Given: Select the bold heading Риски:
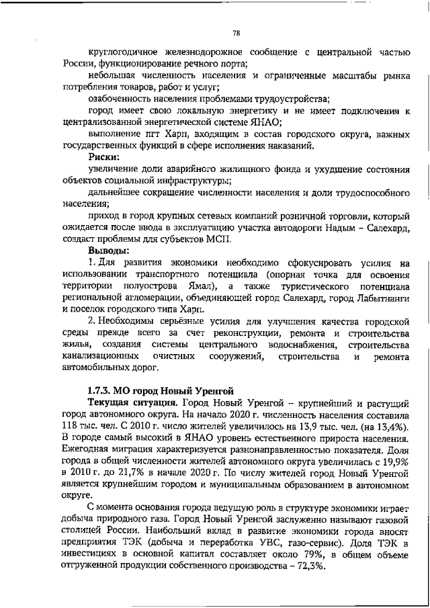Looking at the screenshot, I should (103, 157).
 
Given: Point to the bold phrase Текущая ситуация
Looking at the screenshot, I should (128, 402).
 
